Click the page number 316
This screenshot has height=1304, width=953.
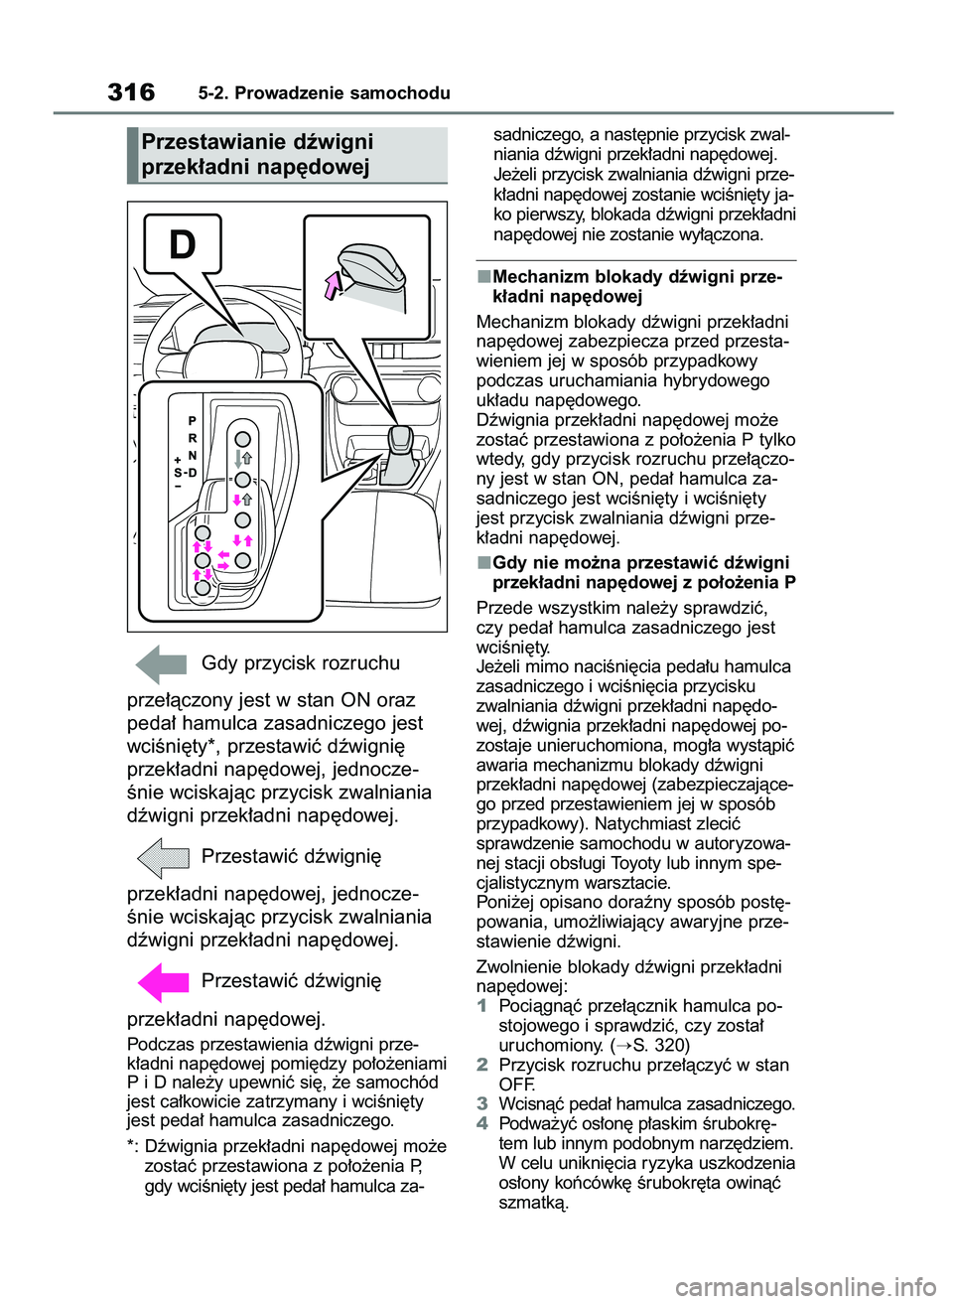(131, 92)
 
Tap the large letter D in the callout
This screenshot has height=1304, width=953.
(182, 244)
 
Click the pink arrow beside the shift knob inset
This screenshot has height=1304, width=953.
(333, 285)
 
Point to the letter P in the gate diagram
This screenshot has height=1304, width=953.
(192, 421)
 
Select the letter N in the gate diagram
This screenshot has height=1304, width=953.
(192, 455)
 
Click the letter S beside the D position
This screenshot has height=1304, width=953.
(178, 472)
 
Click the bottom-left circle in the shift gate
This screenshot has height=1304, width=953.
(203, 587)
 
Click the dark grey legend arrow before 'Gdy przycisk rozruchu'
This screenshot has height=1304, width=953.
(162, 663)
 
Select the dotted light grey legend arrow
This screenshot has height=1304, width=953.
(162, 857)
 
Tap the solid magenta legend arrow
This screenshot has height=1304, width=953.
(162, 981)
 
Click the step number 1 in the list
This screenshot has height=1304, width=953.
(481, 1006)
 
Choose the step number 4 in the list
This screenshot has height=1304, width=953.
(481, 1123)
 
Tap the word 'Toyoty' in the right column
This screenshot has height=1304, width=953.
(636, 863)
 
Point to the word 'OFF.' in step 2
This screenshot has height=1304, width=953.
(516, 1085)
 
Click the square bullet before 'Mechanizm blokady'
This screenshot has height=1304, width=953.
(482, 276)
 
